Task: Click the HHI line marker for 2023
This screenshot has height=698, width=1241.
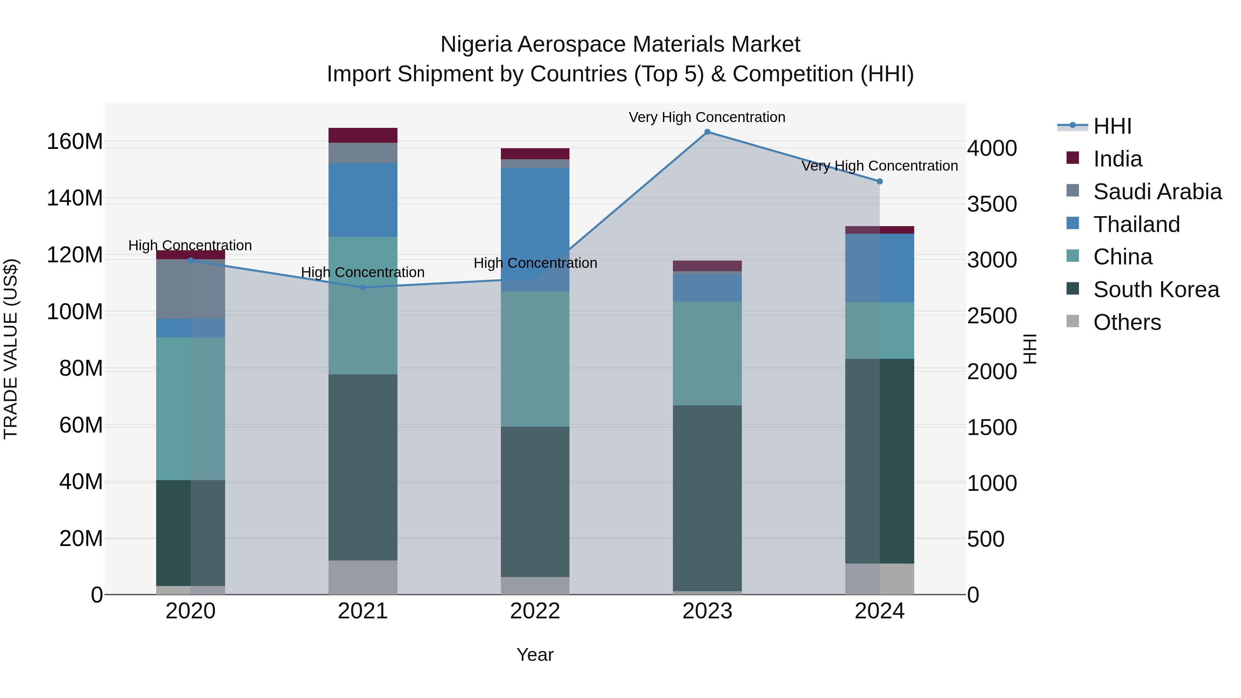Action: [707, 132]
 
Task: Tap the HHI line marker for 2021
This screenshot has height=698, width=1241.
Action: [363, 287]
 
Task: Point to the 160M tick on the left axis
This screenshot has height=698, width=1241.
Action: [75, 142]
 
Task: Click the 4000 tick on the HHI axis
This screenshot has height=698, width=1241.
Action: [992, 148]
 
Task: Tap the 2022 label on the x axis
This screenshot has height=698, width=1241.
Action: [535, 611]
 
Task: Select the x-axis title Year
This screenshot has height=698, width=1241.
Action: [535, 655]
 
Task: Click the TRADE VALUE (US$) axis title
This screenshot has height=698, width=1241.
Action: [11, 349]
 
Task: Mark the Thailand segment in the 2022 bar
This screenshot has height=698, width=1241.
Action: [535, 229]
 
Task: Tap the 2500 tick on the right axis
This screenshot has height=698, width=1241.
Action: [992, 316]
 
